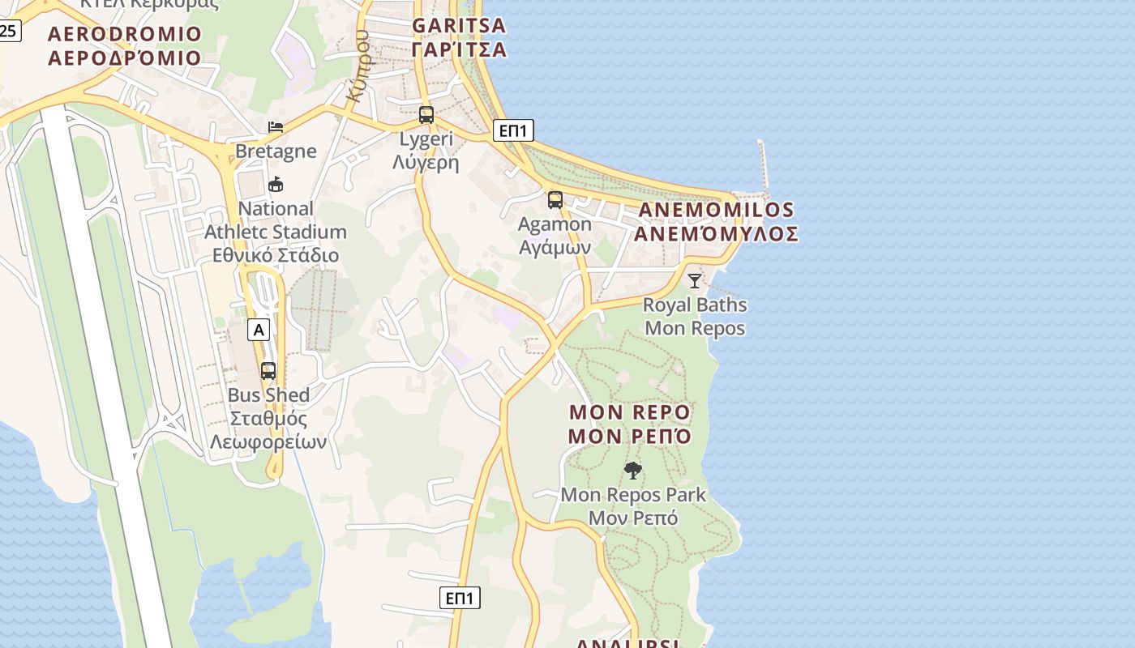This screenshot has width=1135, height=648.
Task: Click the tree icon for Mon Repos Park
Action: point(632,471)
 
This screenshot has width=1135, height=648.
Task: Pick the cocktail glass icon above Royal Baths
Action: point(695,281)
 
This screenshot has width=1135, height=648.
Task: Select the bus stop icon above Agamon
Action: point(555,200)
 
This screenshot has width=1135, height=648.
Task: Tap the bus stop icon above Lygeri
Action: point(426,115)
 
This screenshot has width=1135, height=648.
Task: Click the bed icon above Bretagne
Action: point(276,127)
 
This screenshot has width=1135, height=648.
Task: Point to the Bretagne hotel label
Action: point(276,151)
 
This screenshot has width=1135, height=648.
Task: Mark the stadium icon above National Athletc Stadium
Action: point(276,185)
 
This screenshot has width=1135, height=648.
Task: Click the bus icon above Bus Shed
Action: point(268,371)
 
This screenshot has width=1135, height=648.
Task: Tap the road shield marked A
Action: point(259,330)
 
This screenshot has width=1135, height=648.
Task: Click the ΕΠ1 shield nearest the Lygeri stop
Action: point(513,130)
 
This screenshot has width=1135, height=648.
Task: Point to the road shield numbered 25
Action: point(8,32)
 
